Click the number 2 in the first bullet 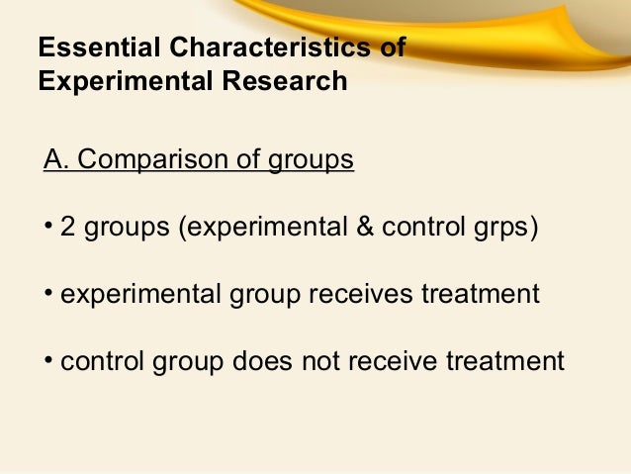[x=68, y=228]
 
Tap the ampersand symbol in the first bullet [x=363, y=228]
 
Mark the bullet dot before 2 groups [x=48, y=228]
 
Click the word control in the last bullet [x=99, y=361]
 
